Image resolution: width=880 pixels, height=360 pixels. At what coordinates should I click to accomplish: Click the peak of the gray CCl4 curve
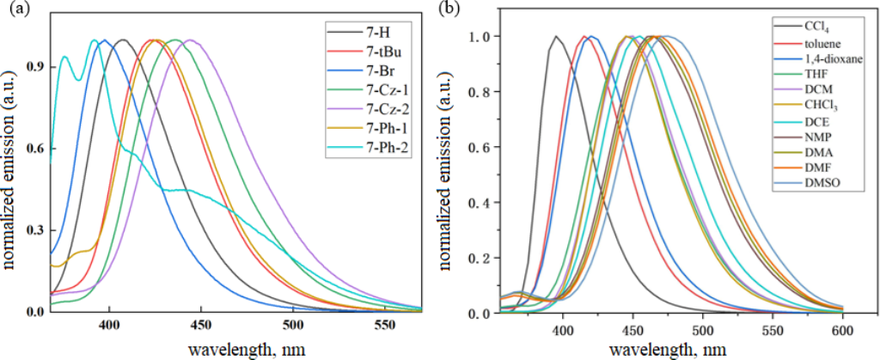click(556, 36)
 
